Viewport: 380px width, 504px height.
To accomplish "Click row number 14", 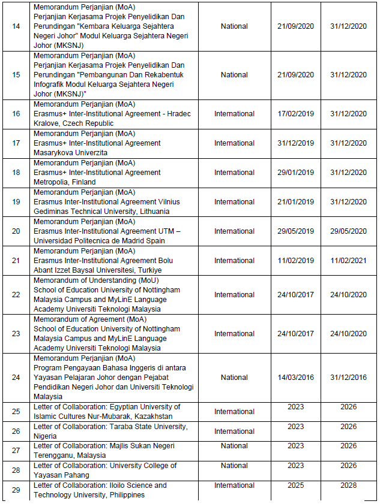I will pyautogui.click(x=16, y=26).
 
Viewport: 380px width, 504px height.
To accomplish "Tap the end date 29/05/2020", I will pyautogui.click(x=348, y=231).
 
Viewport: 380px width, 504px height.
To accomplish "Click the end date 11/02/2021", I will pyautogui.click(x=348, y=261).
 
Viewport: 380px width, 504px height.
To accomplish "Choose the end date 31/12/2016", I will pyautogui.click(x=348, y=378).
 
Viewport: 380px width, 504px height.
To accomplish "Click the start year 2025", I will pyautogui.click(x=296, y=485).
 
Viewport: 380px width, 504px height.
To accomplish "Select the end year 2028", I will pyautogui.click(x=348, y=485).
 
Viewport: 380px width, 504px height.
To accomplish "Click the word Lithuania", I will pyautogui.click(x=153, y=212).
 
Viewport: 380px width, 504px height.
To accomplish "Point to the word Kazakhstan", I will pyautogui.click(x=153, y=417).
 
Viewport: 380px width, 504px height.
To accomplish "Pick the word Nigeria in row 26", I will pyautogui.click(x=45, y=436).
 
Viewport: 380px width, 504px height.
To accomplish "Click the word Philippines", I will pyautogui.click(x=125, y=495).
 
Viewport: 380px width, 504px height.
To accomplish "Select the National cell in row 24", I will pyautogui.click(x=234, y=378).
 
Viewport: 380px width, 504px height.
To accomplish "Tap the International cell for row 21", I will pyautogui.click(x=234, y=261).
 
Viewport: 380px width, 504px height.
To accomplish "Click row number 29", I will pyautogui.click(x=16, y=490).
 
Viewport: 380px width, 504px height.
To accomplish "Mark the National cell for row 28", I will pyautogui.click(x=234, y=466).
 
